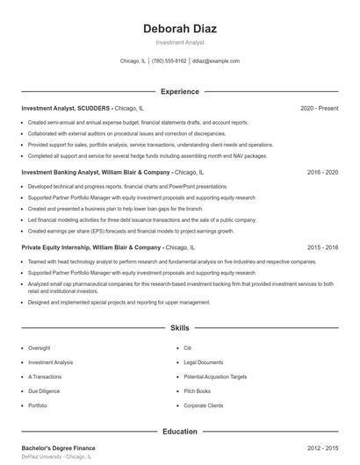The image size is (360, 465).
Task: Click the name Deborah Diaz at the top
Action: point(180,29)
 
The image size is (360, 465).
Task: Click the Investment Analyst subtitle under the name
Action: point(180,42)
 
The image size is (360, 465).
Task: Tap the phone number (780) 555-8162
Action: point(169,61)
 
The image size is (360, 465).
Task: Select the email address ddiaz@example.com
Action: point(216,61)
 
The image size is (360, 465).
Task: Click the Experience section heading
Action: point(180,91)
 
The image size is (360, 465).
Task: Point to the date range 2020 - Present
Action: point(319,108)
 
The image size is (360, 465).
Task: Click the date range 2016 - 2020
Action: point(322,173)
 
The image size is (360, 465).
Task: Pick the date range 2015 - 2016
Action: point(322,247)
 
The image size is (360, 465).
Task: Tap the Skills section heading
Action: point(180,327)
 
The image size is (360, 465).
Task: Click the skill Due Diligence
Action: point(44,390)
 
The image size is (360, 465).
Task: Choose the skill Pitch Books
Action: point(198,390)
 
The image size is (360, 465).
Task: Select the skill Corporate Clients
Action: point(204,405)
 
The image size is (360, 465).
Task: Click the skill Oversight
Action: point(40,347)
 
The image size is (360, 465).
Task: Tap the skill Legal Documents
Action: point(204,361)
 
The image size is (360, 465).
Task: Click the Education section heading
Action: point(180,431)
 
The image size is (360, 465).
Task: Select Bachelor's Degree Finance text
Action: point(59,448)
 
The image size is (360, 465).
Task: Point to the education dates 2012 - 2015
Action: point(322,448)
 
